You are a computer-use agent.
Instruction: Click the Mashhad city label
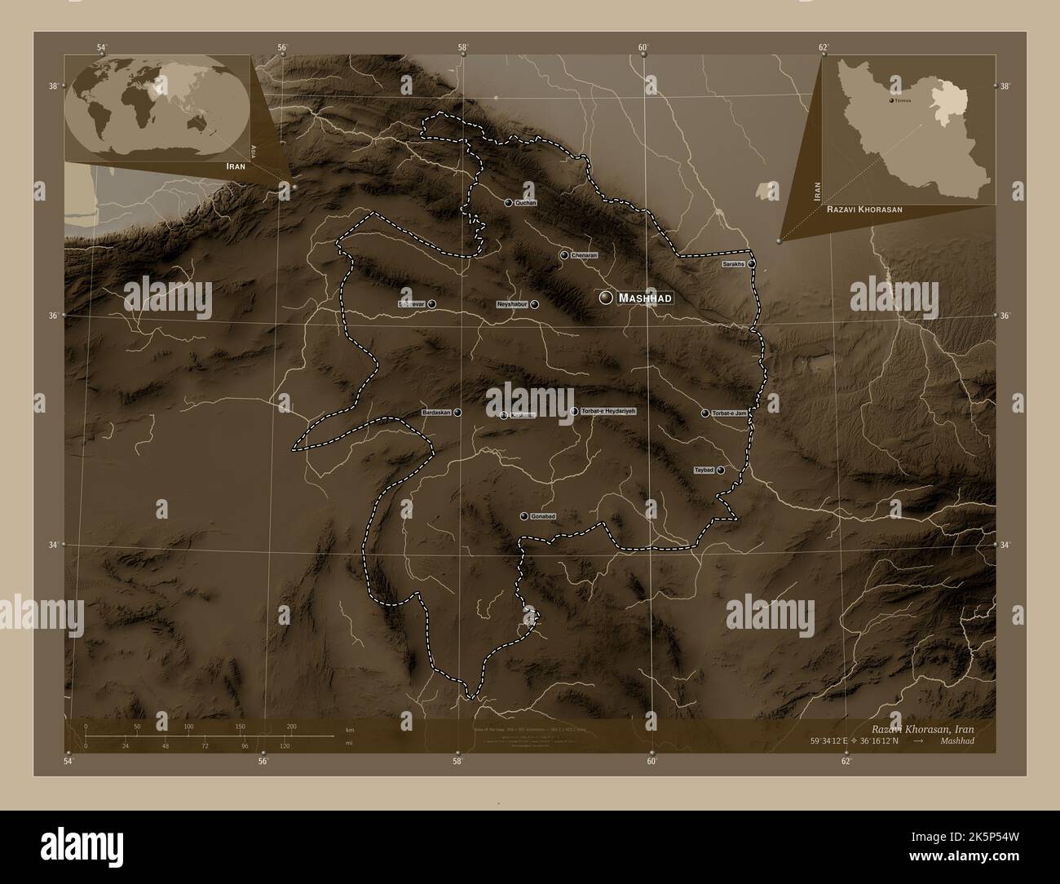pos(645,298)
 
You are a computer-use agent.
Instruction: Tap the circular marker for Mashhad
pos(605,298)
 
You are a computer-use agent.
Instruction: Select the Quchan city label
pos(526,202)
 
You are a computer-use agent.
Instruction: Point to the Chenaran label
pos(585,255)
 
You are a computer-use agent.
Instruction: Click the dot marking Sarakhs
pos(752,264)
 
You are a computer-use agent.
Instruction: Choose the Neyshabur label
pos(513,304)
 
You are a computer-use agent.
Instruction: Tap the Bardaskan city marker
pos(458,413)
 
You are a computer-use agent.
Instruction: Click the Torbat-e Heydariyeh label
pos(607,411)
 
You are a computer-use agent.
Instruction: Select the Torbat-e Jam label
pos(729,413)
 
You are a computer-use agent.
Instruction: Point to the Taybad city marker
pos(721,470)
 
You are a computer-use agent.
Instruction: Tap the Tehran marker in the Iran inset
pos(889,99)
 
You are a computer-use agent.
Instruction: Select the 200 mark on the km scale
pos(291,726)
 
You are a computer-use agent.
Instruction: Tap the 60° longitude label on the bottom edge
pos(652,762)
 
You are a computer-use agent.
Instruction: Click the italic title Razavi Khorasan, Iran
pos(921,728)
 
